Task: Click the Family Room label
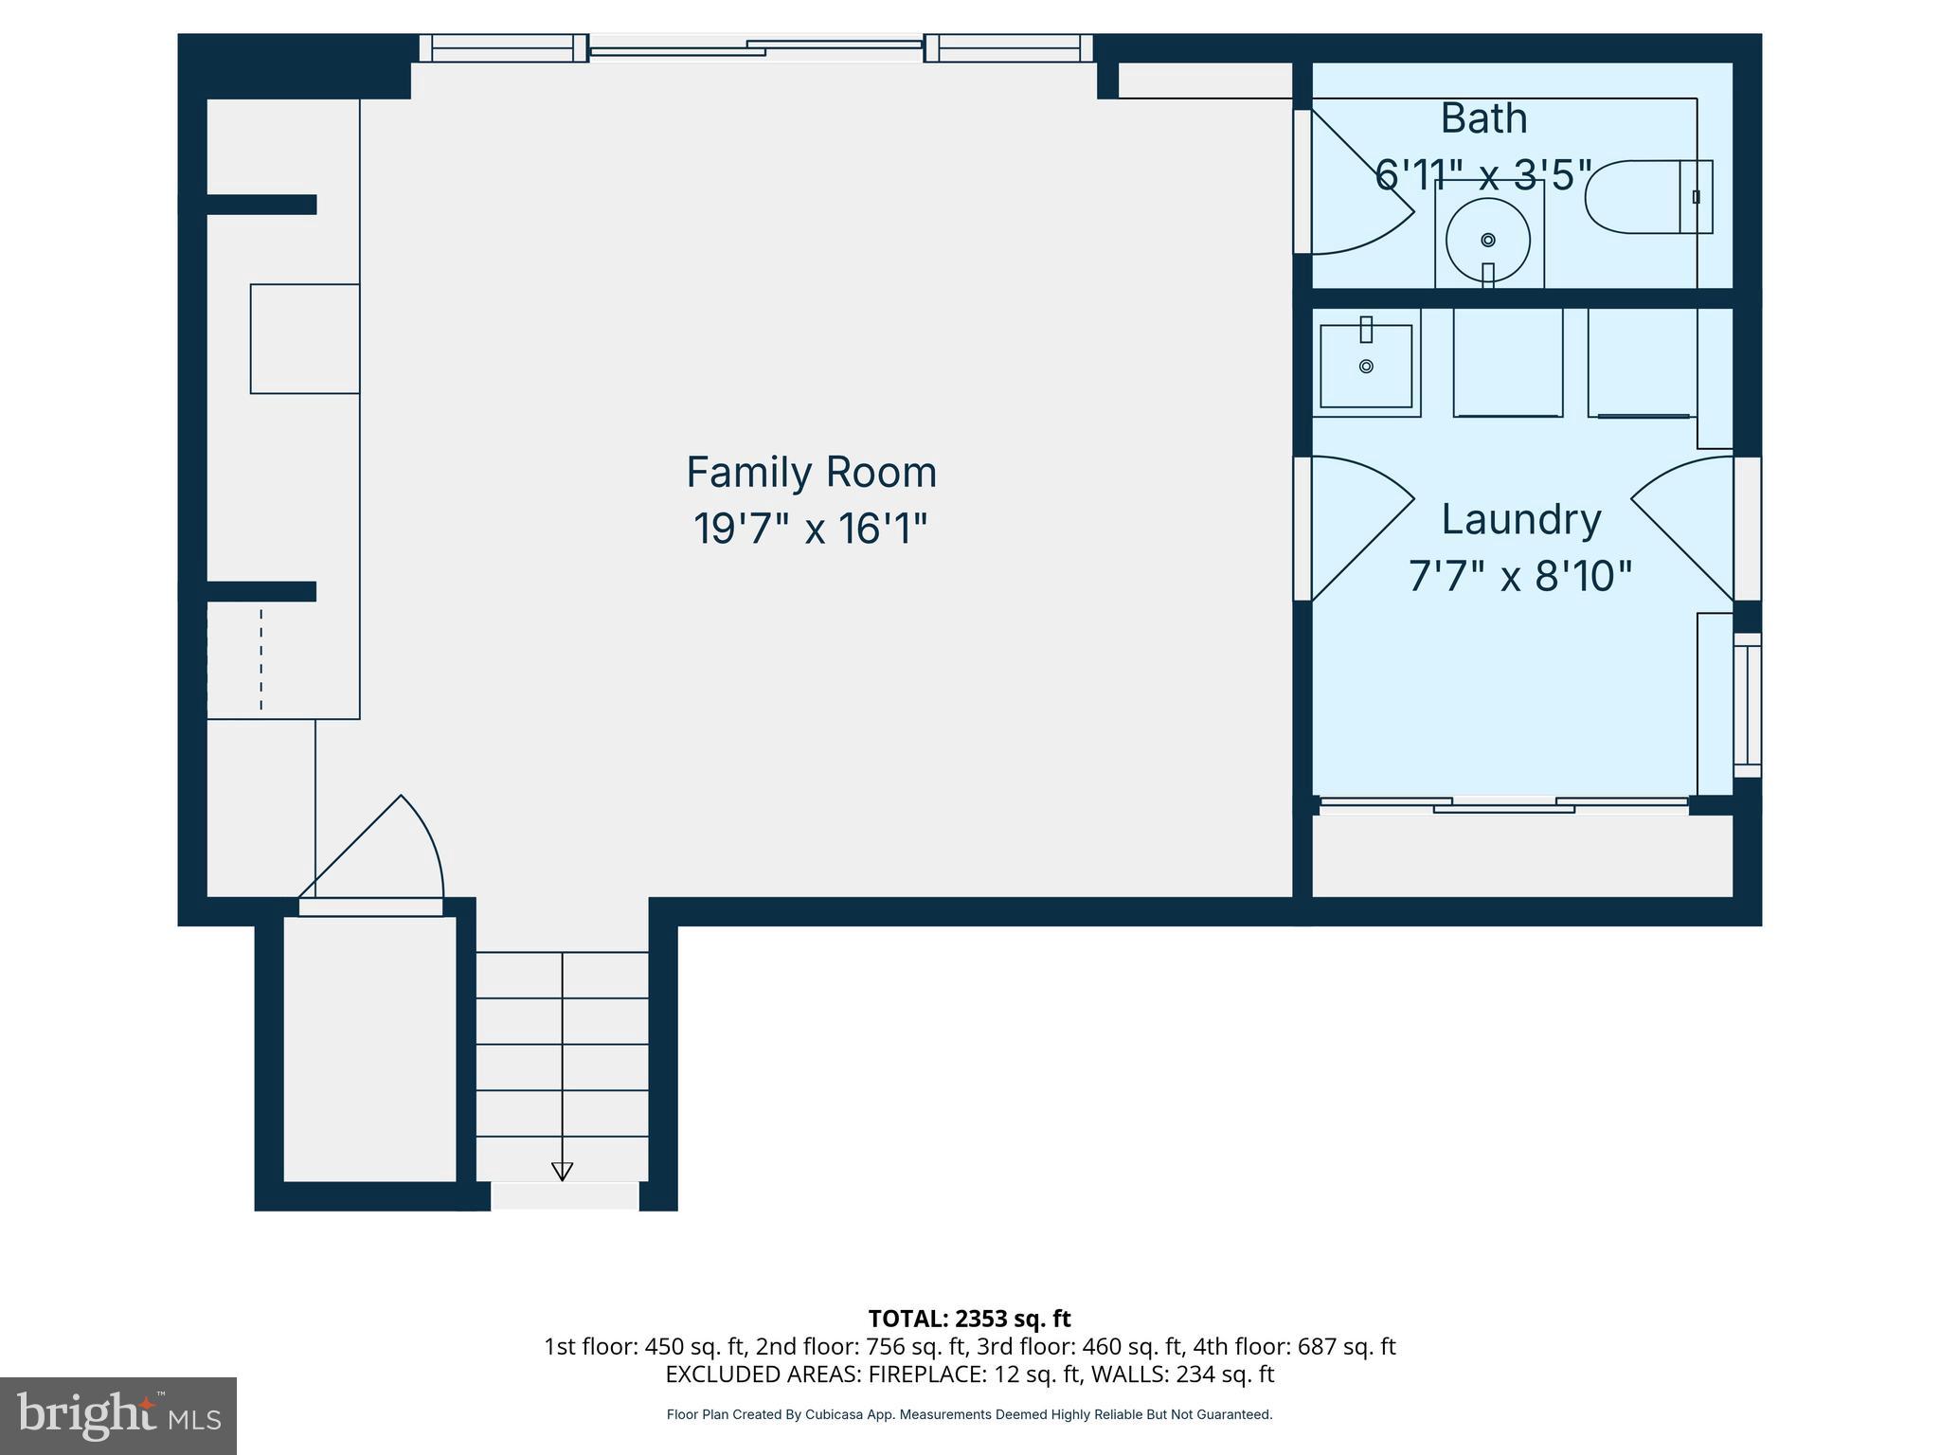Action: click(x=811, y=472)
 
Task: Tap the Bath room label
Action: click(x=1483, y=118)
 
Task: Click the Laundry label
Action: click(x=1520, y=519)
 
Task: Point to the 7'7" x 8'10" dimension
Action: click(x=1519, y=575)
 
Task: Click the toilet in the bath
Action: click(x=1647, y=197)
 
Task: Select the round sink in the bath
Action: click(x=1487, y=240)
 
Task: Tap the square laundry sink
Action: click(x=1366, y=366)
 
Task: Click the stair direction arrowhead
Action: click(x=562, y=1171)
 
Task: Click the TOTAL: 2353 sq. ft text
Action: click(x=969, y=1319)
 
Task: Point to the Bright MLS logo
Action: click(x=117, y=1415)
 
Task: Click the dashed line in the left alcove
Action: click(x=261, y=659)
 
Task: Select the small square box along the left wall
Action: click(x=304, y=338)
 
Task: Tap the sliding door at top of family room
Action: click(x=756, y=47)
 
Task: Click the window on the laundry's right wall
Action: click(x=1747, y=705)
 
